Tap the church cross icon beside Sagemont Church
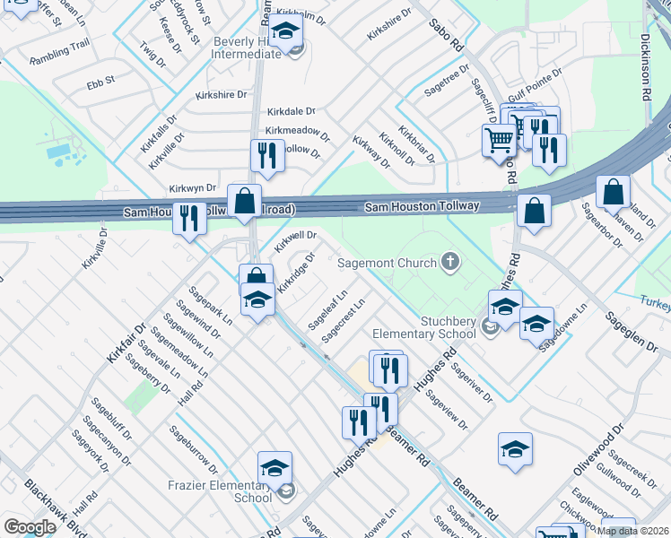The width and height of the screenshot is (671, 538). [450, 263]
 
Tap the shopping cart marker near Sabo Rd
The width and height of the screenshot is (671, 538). [498, 139]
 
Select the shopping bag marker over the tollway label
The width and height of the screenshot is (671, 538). [244, 201]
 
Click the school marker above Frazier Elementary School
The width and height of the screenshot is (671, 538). [274, 467]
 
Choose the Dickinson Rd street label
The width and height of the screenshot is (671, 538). [646, 67]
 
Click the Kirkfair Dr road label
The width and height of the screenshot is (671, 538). [125, 343]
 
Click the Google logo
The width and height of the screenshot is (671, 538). [30, 527]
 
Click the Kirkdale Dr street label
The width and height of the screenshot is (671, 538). [292, 112]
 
